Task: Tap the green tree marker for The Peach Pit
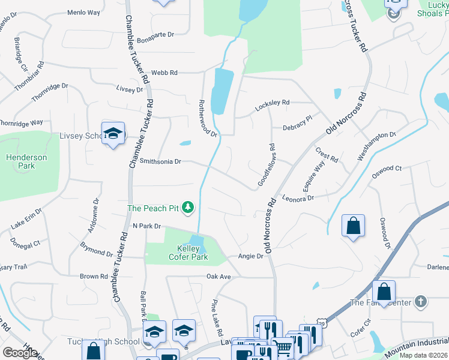point(188,208)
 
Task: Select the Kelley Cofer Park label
point(192,253)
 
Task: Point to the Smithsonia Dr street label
point(160,161)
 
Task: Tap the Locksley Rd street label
point(272,103)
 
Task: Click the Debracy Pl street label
point(297,128)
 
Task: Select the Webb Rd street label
point(164,73)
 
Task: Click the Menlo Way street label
point(83,12)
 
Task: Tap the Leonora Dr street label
point(298,198)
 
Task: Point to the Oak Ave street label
point(218,277)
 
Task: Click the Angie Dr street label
point(252,256)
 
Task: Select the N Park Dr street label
point(147,226)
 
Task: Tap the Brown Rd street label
point(94,277)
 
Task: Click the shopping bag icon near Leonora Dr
point(353,226)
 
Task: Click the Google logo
point(20,353)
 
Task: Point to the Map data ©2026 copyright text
point(423,355)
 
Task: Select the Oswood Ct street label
point(386,169)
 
